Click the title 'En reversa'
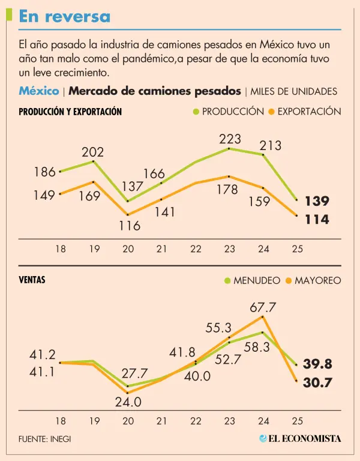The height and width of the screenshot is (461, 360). point(65,17)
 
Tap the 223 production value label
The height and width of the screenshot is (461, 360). point(230,139)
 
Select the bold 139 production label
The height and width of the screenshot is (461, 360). point(317,201)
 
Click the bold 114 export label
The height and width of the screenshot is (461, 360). point(317,220)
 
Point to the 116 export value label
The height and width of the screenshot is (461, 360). point(129,226)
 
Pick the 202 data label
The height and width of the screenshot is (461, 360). point(92,152)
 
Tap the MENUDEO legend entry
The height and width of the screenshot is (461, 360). point(251,280)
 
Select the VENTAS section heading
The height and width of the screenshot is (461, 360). point(32,280)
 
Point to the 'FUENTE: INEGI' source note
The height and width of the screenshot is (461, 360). point(45,438)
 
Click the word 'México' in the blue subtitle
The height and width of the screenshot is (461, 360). point(38,91)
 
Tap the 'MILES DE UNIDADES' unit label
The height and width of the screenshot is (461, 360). point(293,92)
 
